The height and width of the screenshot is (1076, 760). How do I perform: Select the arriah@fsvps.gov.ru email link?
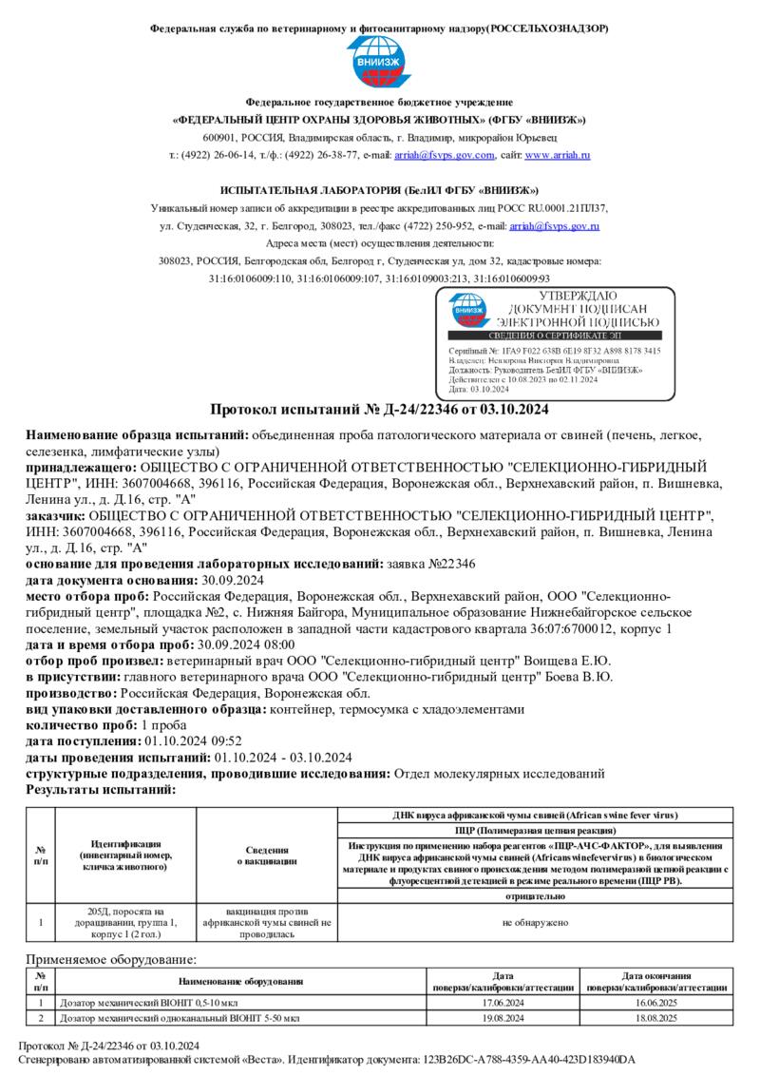555,226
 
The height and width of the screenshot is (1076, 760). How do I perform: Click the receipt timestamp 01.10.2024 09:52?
193,741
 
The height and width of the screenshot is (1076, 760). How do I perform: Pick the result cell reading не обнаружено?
536,922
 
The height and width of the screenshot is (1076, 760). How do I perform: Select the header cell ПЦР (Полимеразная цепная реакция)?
536,830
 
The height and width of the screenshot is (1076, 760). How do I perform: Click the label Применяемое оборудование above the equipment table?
110,960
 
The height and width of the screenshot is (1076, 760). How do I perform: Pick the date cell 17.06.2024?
503,1003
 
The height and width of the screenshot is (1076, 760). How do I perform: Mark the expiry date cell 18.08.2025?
656,1018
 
